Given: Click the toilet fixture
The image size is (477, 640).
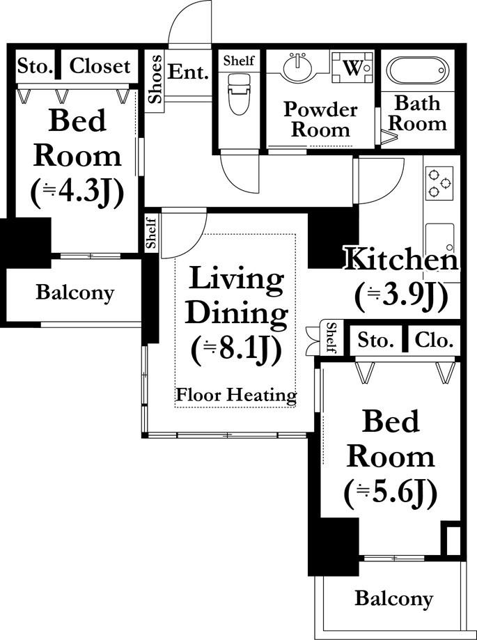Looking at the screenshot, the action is coord(238,94).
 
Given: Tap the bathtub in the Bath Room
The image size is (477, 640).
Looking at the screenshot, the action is coord(417,70).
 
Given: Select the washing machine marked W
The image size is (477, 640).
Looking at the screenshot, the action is coord(352,68).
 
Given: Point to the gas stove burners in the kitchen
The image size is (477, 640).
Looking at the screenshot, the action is coord(439,183).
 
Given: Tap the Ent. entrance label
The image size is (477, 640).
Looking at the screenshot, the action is coord(188,72).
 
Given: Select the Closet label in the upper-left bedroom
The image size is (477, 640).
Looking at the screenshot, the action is coord(100,66).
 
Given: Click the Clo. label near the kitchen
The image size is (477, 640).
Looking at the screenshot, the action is coord(434,340).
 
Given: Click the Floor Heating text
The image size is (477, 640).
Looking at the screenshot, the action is coord(236,395).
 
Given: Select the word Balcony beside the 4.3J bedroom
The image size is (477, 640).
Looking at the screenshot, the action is coord(75,293).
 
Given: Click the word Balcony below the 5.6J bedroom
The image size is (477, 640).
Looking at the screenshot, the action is coord(393,599).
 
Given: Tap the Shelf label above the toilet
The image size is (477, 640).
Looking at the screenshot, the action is coord(239,61).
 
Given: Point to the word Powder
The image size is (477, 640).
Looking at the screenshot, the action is coord(320,109).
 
